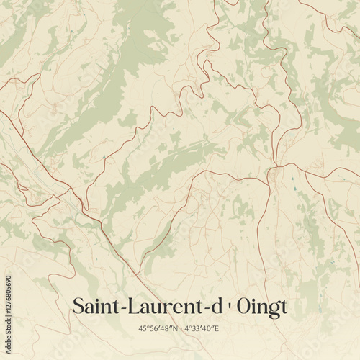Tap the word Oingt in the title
[x=261, y=307]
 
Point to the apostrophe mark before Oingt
[x=228, y=305]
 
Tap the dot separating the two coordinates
[x=179, y=329]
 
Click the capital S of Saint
[x=78, y=306]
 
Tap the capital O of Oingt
[x=244, y=306]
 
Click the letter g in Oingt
[x=273, y=308]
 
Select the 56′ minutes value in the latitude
[x=153, y=329]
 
